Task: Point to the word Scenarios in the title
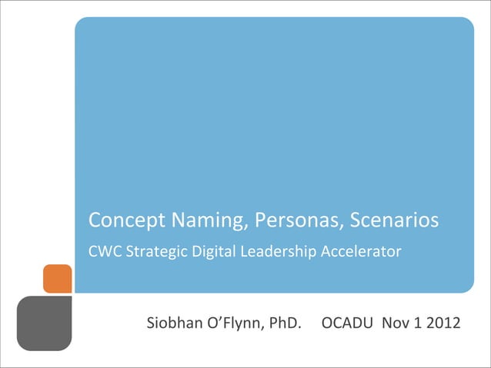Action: (x=395, y=221)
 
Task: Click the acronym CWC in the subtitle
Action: (x=104, y=251)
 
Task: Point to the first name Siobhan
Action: (x=173, y=323)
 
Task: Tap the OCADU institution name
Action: (x=346, y=323)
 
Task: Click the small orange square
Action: (x=57, y=279)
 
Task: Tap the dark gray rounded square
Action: (x=44, y=323)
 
